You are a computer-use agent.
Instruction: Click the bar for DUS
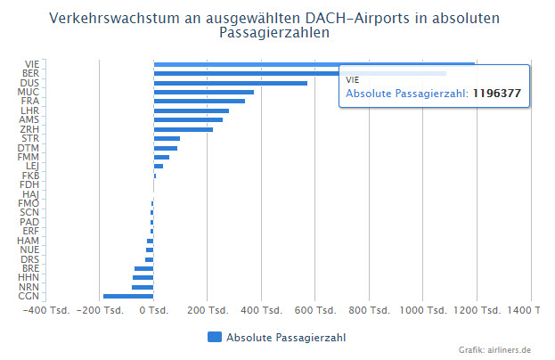tap(230, 83)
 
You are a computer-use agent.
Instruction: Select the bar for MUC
tap(203, 92)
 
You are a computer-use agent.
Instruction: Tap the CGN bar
tap(128, 296)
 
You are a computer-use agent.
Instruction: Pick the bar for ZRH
tap(183, 129)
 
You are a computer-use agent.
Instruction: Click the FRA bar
tap(199, 102)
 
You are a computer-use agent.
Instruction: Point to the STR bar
tap(167, 138)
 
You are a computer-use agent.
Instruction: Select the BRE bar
tap(144, 268)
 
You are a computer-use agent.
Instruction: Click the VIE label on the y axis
tap(30, 64)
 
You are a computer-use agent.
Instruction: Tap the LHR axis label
tap(29, 110)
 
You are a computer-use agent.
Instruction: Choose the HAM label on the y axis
tap(29, 241)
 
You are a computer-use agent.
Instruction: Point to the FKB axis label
tap(29, 176)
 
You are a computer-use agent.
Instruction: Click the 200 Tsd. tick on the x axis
tap(207, 311)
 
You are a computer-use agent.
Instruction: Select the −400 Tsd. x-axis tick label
tap(45, 311)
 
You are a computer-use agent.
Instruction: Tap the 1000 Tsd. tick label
tap(423, 311)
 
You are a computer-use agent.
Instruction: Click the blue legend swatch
tap(214, 337)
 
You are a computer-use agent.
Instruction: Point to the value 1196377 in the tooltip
tap(496, 93)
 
